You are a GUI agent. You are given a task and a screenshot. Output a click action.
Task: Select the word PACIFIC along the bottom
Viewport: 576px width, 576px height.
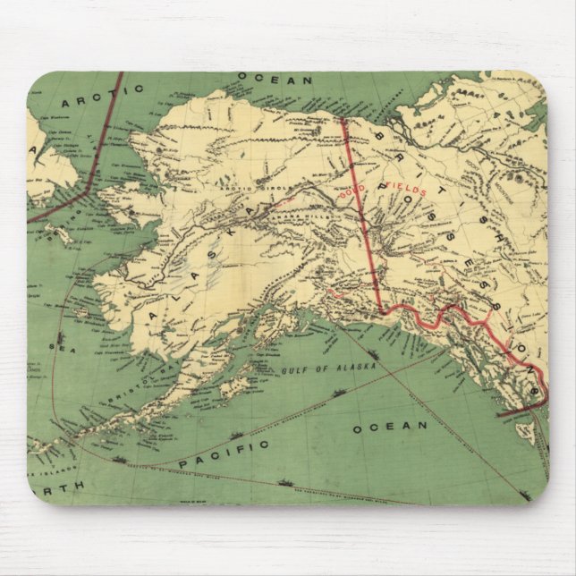(223, 452)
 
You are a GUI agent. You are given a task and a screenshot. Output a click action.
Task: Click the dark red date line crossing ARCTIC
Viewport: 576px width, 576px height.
(103, 134)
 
